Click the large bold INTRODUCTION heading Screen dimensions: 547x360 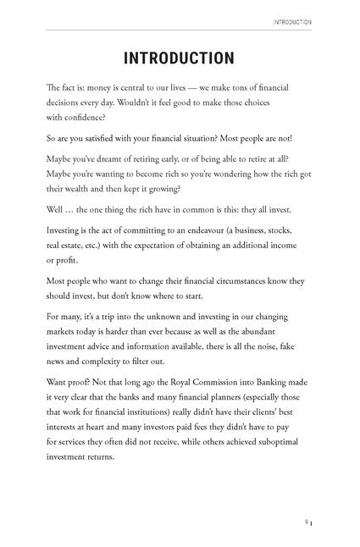click(179, 58)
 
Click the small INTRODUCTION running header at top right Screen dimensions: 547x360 click(290, 22)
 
